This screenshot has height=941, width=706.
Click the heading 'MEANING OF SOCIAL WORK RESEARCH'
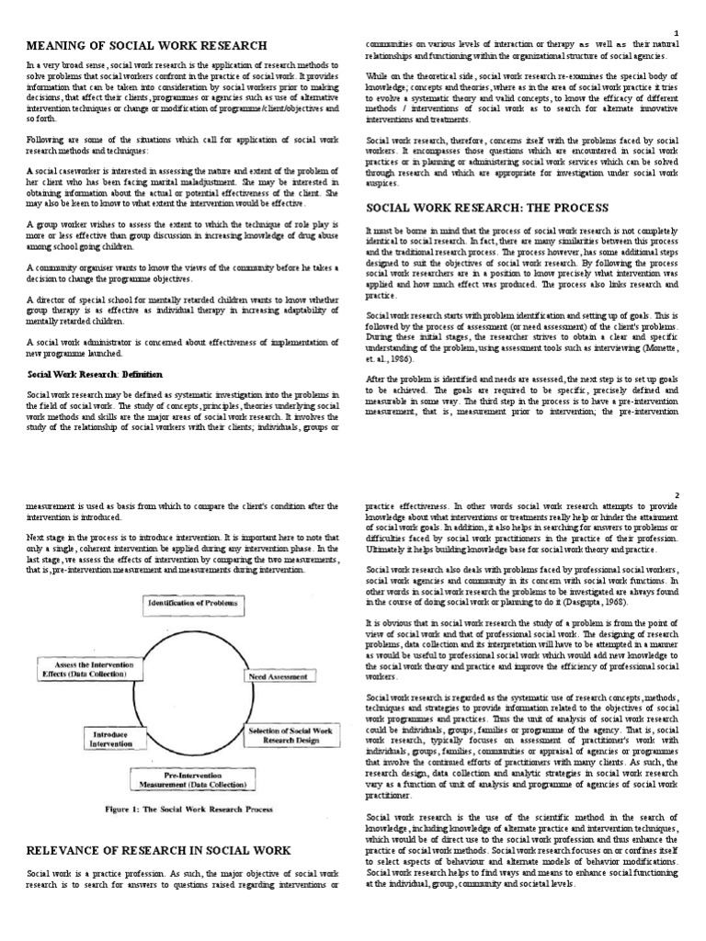(147, 45)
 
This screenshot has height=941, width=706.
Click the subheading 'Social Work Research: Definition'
(95, 374)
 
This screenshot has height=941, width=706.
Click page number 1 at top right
(676, 32)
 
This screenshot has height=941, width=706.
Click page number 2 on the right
(676, 495)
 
